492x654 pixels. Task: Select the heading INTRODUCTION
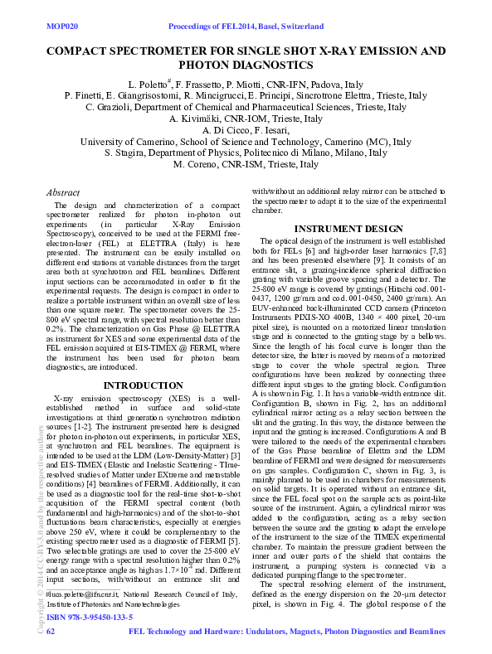[138, 385]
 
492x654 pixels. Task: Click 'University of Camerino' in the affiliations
[123, 142]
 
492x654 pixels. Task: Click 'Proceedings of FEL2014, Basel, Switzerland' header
[245, 27]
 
